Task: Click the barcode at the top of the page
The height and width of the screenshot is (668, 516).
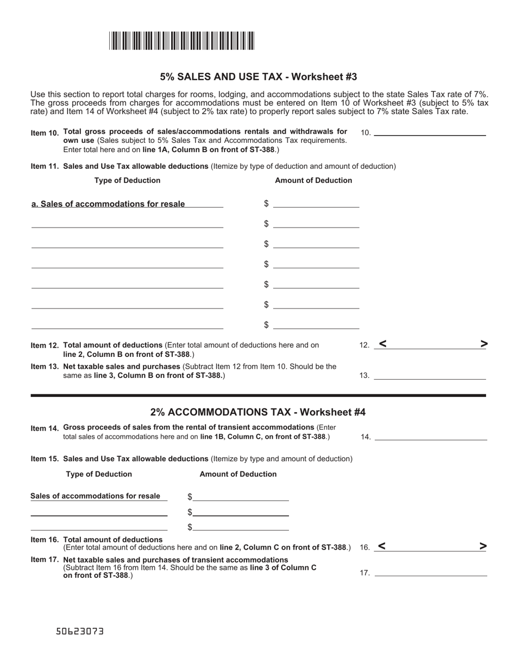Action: click(x=181, y=41)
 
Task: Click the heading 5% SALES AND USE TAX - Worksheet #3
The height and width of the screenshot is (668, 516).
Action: click(x=258, y=77)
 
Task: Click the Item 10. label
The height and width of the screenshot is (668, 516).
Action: click(x=46, y=133)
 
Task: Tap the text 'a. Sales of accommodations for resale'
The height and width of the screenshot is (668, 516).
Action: click(x=108, y=204)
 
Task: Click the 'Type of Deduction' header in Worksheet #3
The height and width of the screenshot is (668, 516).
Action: click(x=127, y=180)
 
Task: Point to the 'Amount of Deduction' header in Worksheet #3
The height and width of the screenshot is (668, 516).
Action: click(x=313, y=180)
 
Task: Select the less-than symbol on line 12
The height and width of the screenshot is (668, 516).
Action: click(x=383, y=343)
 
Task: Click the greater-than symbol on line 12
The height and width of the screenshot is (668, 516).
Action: click(x=484, y=343)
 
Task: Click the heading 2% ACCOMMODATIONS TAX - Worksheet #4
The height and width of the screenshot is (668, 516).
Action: click(x=258, y=412)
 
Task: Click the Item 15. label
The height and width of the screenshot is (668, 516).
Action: click(x=46, y=459)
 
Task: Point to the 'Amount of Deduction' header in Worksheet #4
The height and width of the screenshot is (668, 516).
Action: click(x=238, y=474)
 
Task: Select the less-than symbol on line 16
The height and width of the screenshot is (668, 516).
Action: click(x=382, y=546)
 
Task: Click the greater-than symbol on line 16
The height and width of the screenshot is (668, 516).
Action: click(x=483, y=546)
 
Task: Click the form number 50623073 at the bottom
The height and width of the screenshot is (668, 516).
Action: click(x=80, y=632)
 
